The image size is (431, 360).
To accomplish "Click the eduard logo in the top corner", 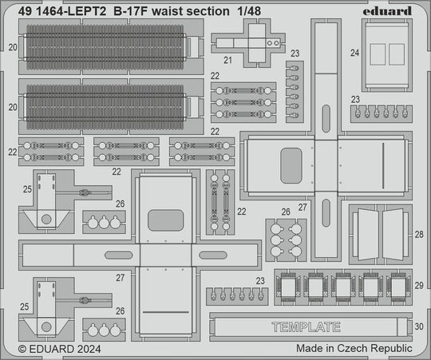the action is [x=387, y=11].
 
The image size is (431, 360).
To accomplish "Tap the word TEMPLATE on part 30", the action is [x=306, y=327].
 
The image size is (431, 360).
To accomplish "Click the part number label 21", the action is [x=227, y=60].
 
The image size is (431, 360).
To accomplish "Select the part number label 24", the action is [x=354, y=53].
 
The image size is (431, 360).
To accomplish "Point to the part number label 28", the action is [x=419, y=235].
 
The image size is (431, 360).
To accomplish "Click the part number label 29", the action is [x=419, y=286].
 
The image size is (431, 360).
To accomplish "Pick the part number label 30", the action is [x=419, y=326].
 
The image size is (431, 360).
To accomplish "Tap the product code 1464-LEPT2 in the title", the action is [x=71, y=11].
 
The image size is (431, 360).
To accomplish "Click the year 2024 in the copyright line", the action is [x=89, y=349].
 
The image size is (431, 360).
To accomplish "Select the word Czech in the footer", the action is [x=353, y=348].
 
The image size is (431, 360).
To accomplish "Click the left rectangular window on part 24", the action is [x=378, y=54].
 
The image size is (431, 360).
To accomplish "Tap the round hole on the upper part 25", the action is [x=46, y=219].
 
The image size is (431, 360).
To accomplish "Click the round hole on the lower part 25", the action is [x=46, y=327].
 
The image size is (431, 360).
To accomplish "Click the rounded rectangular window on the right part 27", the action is [x=291, y=165].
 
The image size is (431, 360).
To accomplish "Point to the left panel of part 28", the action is [x=367, y=235].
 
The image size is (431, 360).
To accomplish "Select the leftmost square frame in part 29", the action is [x=287, y=287].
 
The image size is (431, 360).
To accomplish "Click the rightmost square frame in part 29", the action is [x=398, y=287].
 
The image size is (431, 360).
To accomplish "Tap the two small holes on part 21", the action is [x=272, y=43].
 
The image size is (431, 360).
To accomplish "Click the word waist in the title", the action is [x=167, y=11].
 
